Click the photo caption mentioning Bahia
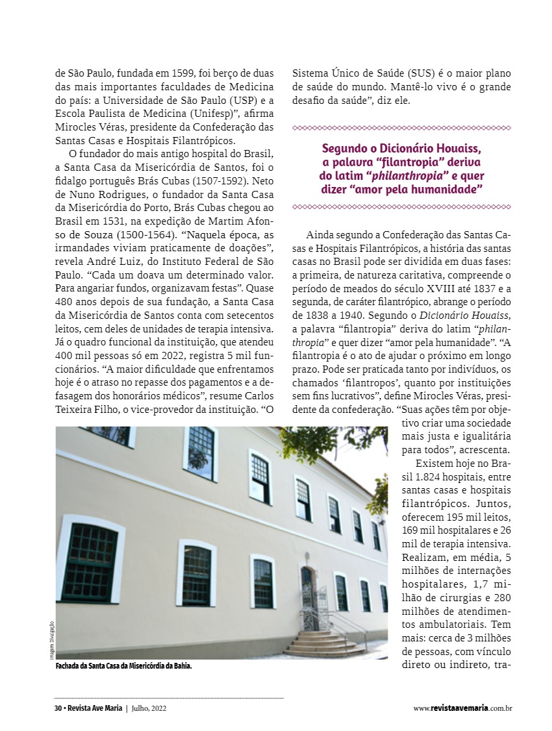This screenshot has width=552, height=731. point(123,667)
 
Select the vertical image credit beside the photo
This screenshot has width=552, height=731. point(52,640)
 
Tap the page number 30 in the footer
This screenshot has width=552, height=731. point(58,708)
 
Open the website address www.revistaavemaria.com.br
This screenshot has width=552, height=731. point(462,708)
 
